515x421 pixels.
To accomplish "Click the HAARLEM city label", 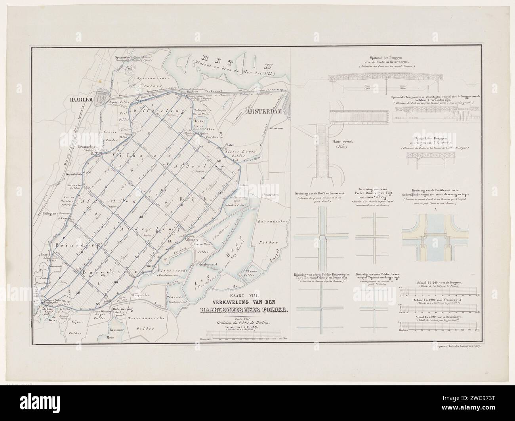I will coord(82,101).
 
